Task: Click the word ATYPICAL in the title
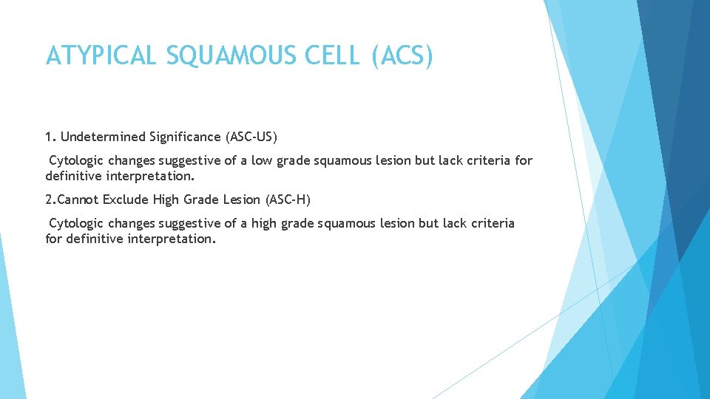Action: (101, 55)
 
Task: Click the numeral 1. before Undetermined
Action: (50, 137)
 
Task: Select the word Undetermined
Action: (103, 137)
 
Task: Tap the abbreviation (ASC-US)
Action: (251, 137)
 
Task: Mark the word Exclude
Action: (126, 199)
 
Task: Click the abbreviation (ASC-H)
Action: (288, 199)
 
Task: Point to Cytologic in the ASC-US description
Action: (76, 160)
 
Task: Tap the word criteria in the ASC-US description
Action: (490, 160)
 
